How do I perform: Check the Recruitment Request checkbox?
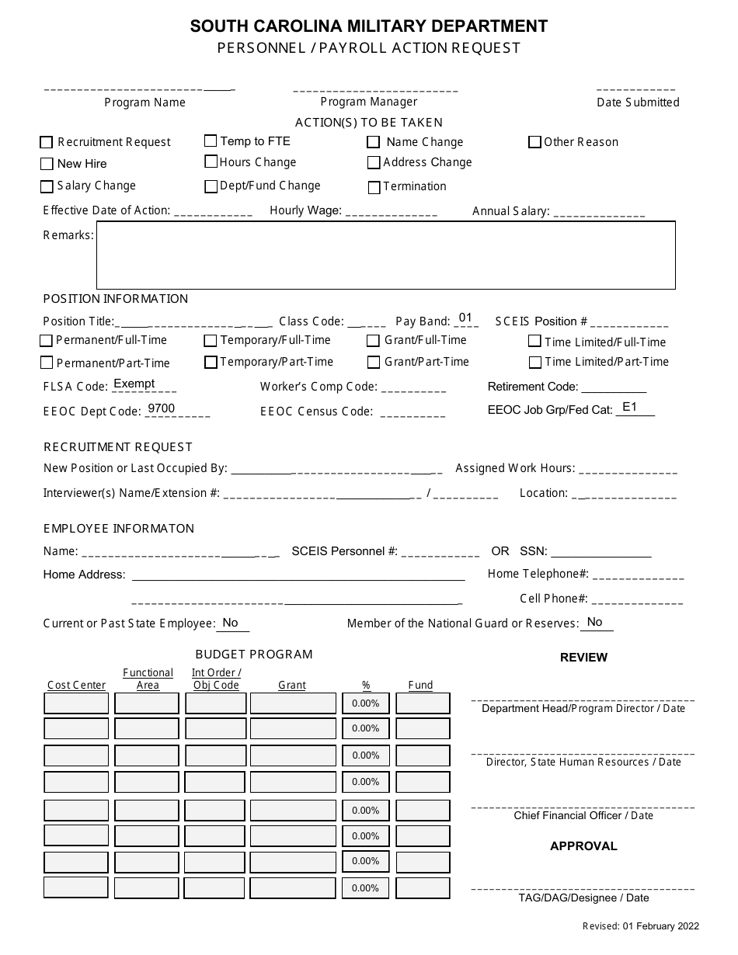(46, 143)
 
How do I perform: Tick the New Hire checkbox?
(46, 164)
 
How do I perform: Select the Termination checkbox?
(374, 187)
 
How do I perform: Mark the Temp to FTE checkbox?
(211, 141)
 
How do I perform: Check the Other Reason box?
(534, 142)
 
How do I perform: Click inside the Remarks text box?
(385, 255)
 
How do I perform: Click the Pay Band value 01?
(465, 318)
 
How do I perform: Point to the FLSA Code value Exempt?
(134, 384)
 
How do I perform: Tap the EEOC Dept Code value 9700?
(161, 408)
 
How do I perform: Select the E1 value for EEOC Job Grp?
(629, 406)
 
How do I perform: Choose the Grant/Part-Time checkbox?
(374, 363)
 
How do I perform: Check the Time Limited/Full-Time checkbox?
(534, 341)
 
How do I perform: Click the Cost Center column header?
(76, 685)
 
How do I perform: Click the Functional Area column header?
(148, 679)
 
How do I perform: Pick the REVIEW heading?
(583, 658)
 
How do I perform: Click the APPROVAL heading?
(583, 846)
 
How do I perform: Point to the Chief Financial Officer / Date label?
(583, 815)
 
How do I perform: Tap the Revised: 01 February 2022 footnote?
(641, 925)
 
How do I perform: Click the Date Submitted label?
(638, 102)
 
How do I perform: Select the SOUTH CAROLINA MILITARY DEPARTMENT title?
(369, 26)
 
